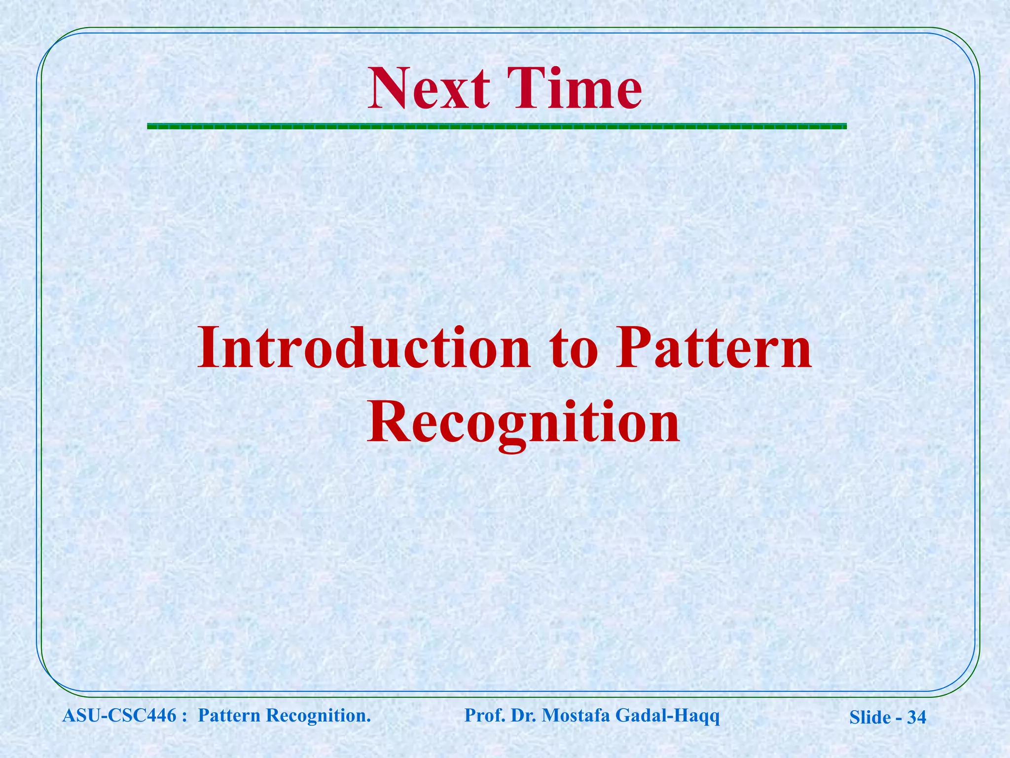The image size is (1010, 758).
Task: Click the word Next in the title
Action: [429, 89]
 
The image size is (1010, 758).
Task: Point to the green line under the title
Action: [497, 126]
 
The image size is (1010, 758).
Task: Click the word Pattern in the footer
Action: [229, 715]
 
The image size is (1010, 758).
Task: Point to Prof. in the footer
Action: [485, 715]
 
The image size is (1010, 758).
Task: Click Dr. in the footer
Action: [524, 715]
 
